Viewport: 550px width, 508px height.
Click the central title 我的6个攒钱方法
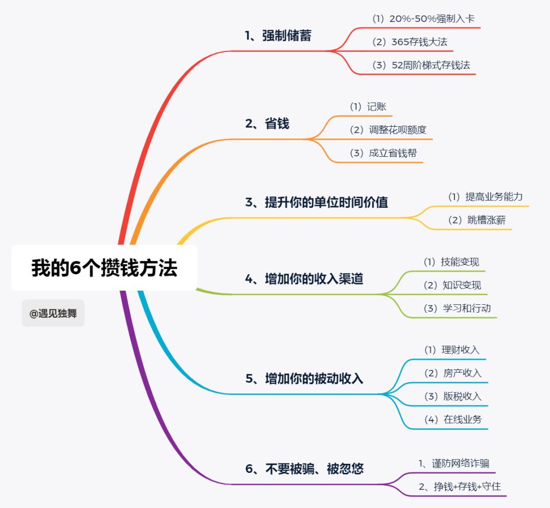pos(104,268)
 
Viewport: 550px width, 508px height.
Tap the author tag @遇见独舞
pos(53,314)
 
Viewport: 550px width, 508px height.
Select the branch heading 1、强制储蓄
pos(278,36)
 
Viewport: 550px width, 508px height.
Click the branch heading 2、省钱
pos(267,124)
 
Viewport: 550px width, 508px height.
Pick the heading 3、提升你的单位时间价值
pos(316,202)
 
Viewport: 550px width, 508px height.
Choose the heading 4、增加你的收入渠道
pos(304,278)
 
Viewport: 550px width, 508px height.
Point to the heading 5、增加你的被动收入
pos(304,378)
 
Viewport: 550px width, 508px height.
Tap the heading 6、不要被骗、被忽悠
pos(304,468)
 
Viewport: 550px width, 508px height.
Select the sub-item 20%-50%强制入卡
pos(424,19)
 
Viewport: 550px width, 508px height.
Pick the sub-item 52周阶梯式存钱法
pos(421,65)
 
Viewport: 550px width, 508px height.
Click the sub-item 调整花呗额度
pos(388,130)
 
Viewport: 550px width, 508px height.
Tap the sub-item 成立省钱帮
pos(383,153)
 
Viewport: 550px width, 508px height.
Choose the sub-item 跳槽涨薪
pos(477,220)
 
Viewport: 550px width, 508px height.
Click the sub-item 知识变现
pos(452,285)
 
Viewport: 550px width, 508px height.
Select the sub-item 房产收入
pos(453,373)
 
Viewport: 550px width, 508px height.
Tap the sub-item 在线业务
pos(453,419)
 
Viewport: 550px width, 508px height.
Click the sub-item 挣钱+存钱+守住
pos(460,486)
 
